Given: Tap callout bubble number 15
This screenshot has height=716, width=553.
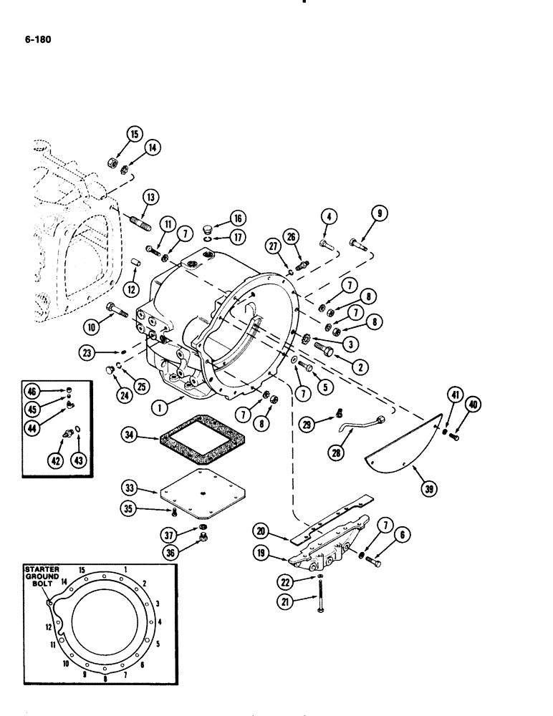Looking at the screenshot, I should point(135,132).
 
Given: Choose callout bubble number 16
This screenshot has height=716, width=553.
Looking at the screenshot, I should point(238,218).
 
